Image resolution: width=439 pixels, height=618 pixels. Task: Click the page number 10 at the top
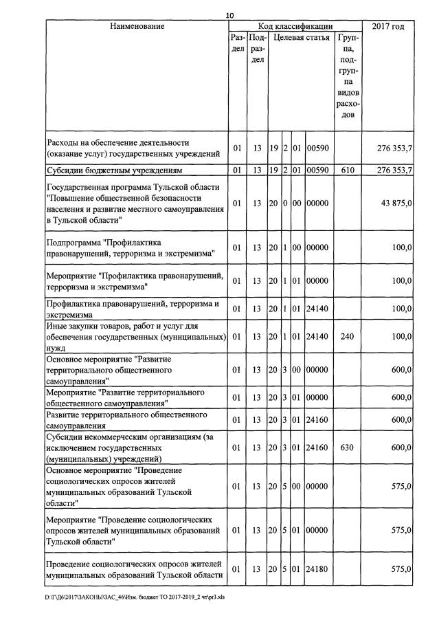(229, 15)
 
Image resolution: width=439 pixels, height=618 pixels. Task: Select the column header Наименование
(137, 26)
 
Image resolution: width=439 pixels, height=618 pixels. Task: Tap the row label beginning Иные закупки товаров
(135, 337)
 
